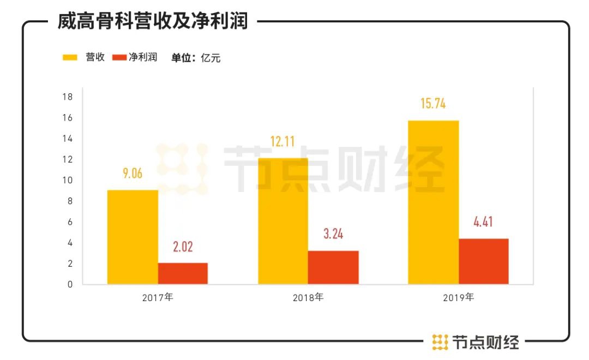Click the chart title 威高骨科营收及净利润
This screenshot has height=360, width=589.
pos(153,21)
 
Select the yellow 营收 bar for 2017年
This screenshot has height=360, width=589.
pos(133,237)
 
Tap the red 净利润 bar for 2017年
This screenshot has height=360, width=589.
pos(183,273)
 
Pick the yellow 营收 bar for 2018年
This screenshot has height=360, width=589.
pos(283,221)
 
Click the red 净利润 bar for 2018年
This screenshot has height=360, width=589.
pos(333,267)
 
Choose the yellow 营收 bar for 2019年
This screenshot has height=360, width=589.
pos(434,202)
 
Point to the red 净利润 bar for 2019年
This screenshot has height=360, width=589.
pos(484,261)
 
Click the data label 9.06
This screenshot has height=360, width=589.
pos(133,173)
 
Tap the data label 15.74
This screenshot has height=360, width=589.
pos(433,104)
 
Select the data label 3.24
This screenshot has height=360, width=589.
pos(333,235)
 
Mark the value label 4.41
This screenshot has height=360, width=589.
pos(483,223)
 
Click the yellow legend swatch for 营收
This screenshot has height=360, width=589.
pos(71,57)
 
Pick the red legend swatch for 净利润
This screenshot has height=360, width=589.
pos(119,57)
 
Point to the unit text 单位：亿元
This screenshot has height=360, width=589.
pos(196,58)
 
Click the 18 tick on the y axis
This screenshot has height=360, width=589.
pos(68,97)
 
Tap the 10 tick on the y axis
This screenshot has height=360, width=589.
pos(68,181)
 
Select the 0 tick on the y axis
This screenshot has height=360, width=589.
pos(70,284)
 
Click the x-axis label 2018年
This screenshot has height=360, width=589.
pos(308,298)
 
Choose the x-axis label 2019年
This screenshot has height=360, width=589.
pos(459,298)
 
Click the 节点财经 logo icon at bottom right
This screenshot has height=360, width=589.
pos(440,342)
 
